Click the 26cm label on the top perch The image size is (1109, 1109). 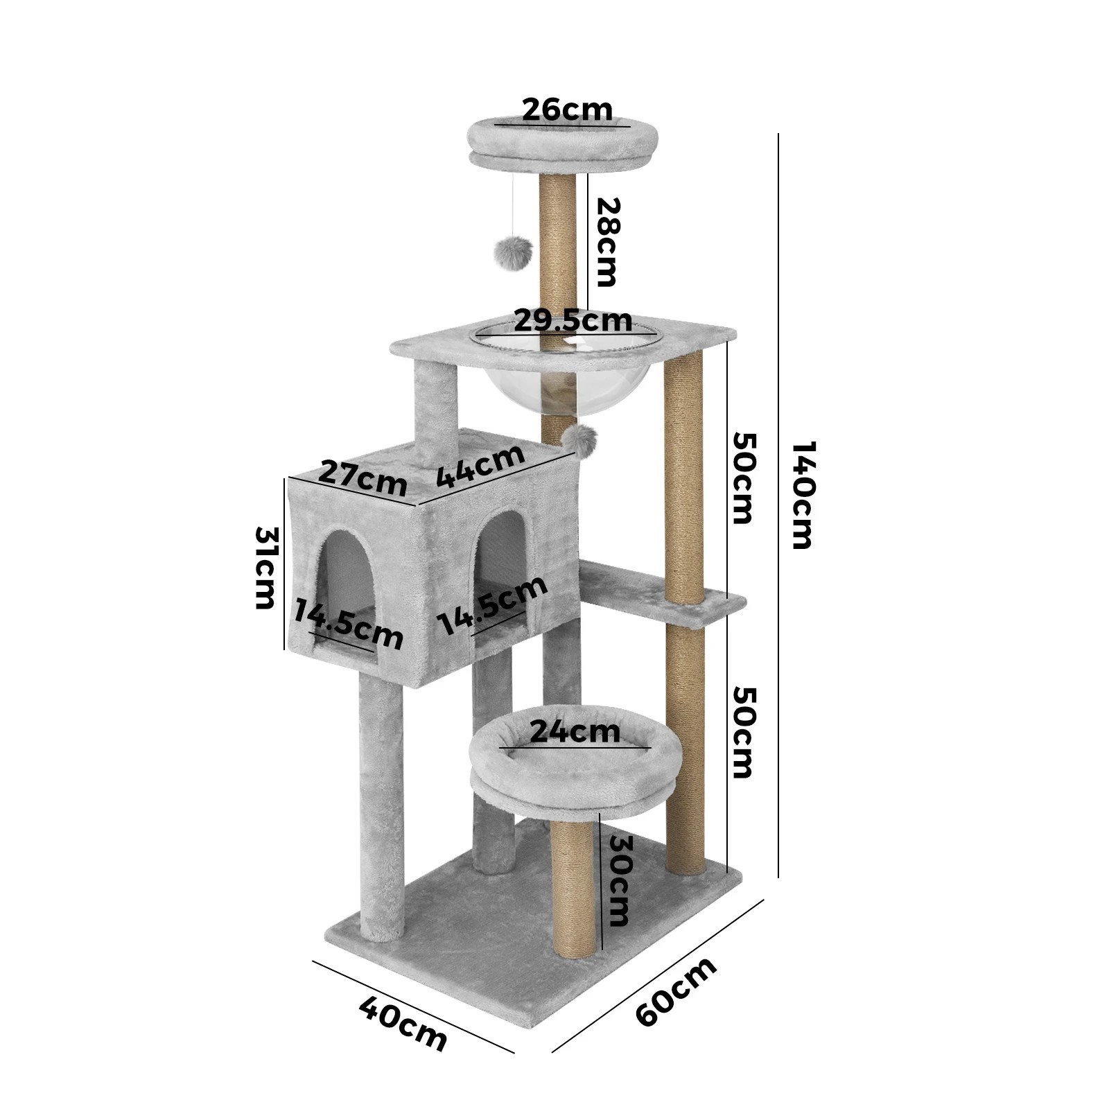(567, 110)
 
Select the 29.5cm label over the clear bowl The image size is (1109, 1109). (573, 320)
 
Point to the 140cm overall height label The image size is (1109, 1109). (803, 495)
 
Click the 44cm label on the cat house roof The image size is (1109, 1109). (480, 466)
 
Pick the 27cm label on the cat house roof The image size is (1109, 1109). (363, 478)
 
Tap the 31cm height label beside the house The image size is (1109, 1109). (266, 568)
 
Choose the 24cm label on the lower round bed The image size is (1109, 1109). (575, 732)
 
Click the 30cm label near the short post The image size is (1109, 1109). (618, 880)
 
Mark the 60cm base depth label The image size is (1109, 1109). (676, 992)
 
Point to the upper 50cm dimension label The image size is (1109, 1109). (743, 478)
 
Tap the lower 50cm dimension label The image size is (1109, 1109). (743, 733)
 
